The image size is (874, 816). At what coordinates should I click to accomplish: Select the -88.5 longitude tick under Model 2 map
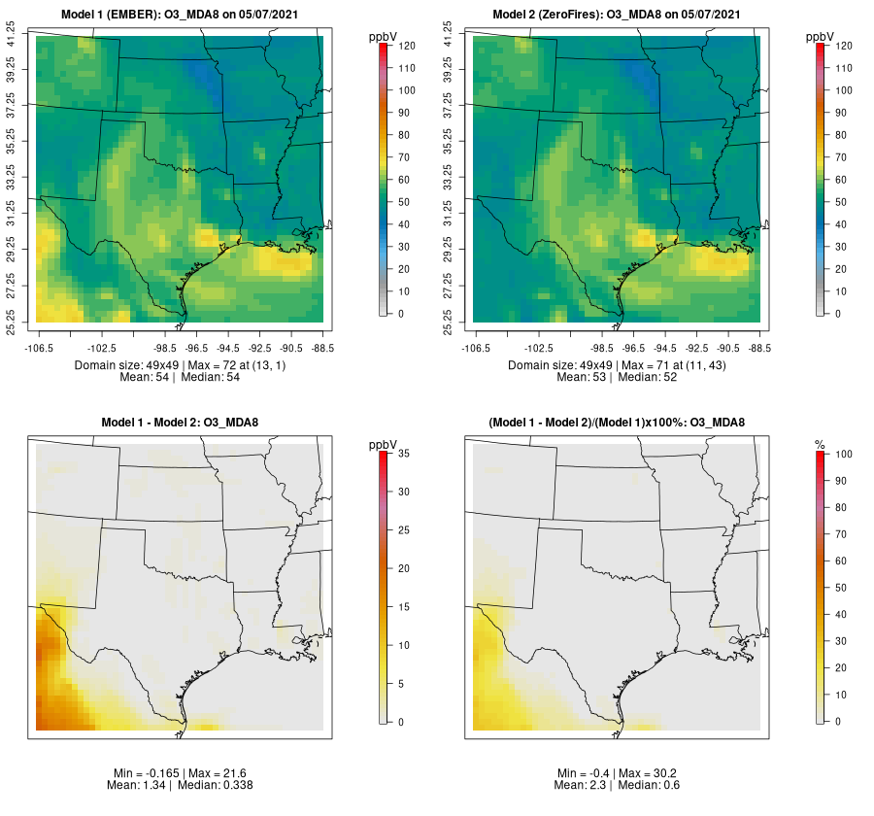759,347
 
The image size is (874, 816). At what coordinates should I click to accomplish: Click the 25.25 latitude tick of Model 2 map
449,323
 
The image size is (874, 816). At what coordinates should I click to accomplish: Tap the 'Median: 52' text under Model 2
652,377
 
